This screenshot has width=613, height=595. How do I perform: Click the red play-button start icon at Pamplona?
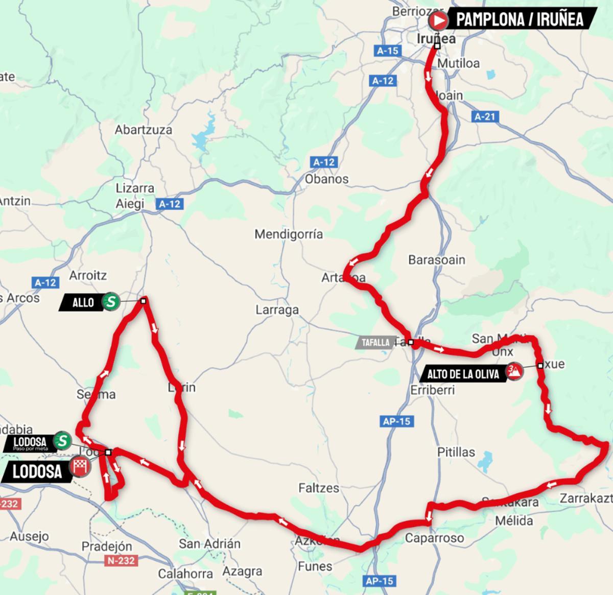coord(438,20)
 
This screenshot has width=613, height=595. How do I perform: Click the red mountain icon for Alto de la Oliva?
coord(514,371)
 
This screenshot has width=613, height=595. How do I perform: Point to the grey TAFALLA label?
coord(375,343)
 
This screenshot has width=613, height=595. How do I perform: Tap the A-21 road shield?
coord(484,116)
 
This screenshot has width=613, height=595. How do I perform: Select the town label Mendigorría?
coord(289,234)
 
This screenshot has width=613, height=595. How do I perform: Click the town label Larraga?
coord(277,310)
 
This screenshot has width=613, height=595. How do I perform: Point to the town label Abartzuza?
coord(143,130)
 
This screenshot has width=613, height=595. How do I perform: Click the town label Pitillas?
coord(456,452)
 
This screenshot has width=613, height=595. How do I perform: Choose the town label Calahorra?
coord(185,574)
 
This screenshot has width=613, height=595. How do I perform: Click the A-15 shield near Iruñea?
coord(387,51)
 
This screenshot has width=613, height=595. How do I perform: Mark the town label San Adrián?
coord(209,543)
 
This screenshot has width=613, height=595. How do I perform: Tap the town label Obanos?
coord(326,179)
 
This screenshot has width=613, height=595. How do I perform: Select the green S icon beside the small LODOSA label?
coord(62,440)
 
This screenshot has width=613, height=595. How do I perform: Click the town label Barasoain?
coord(436,260)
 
